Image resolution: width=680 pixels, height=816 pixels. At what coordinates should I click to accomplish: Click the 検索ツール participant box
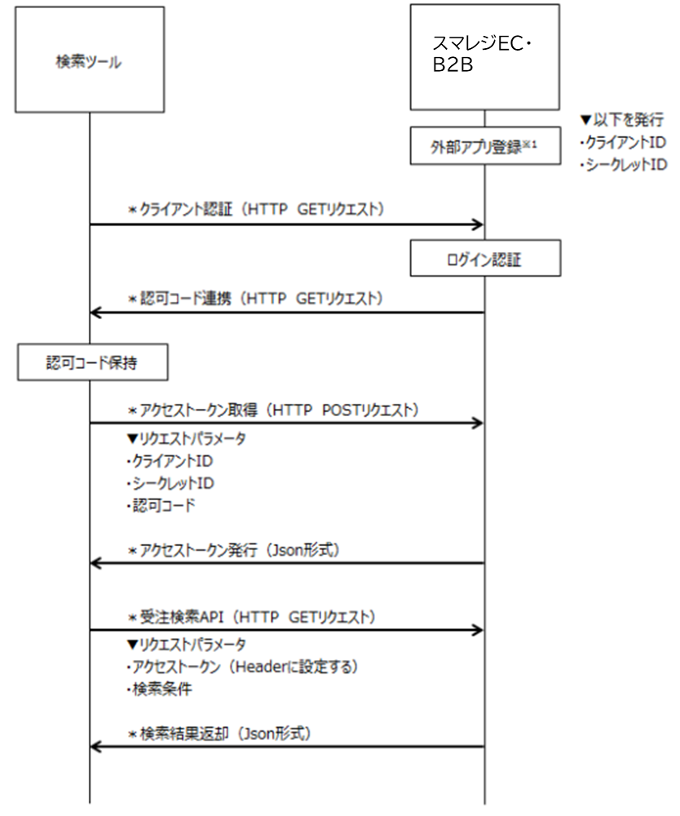89,60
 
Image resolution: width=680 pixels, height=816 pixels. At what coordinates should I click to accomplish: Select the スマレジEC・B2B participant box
484,57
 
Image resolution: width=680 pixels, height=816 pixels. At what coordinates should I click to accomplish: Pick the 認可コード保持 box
91,363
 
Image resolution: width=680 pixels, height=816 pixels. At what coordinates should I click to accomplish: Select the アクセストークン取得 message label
268,410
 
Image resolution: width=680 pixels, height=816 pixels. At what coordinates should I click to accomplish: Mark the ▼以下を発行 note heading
620,118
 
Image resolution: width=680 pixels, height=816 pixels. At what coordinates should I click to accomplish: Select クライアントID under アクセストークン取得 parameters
166,461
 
